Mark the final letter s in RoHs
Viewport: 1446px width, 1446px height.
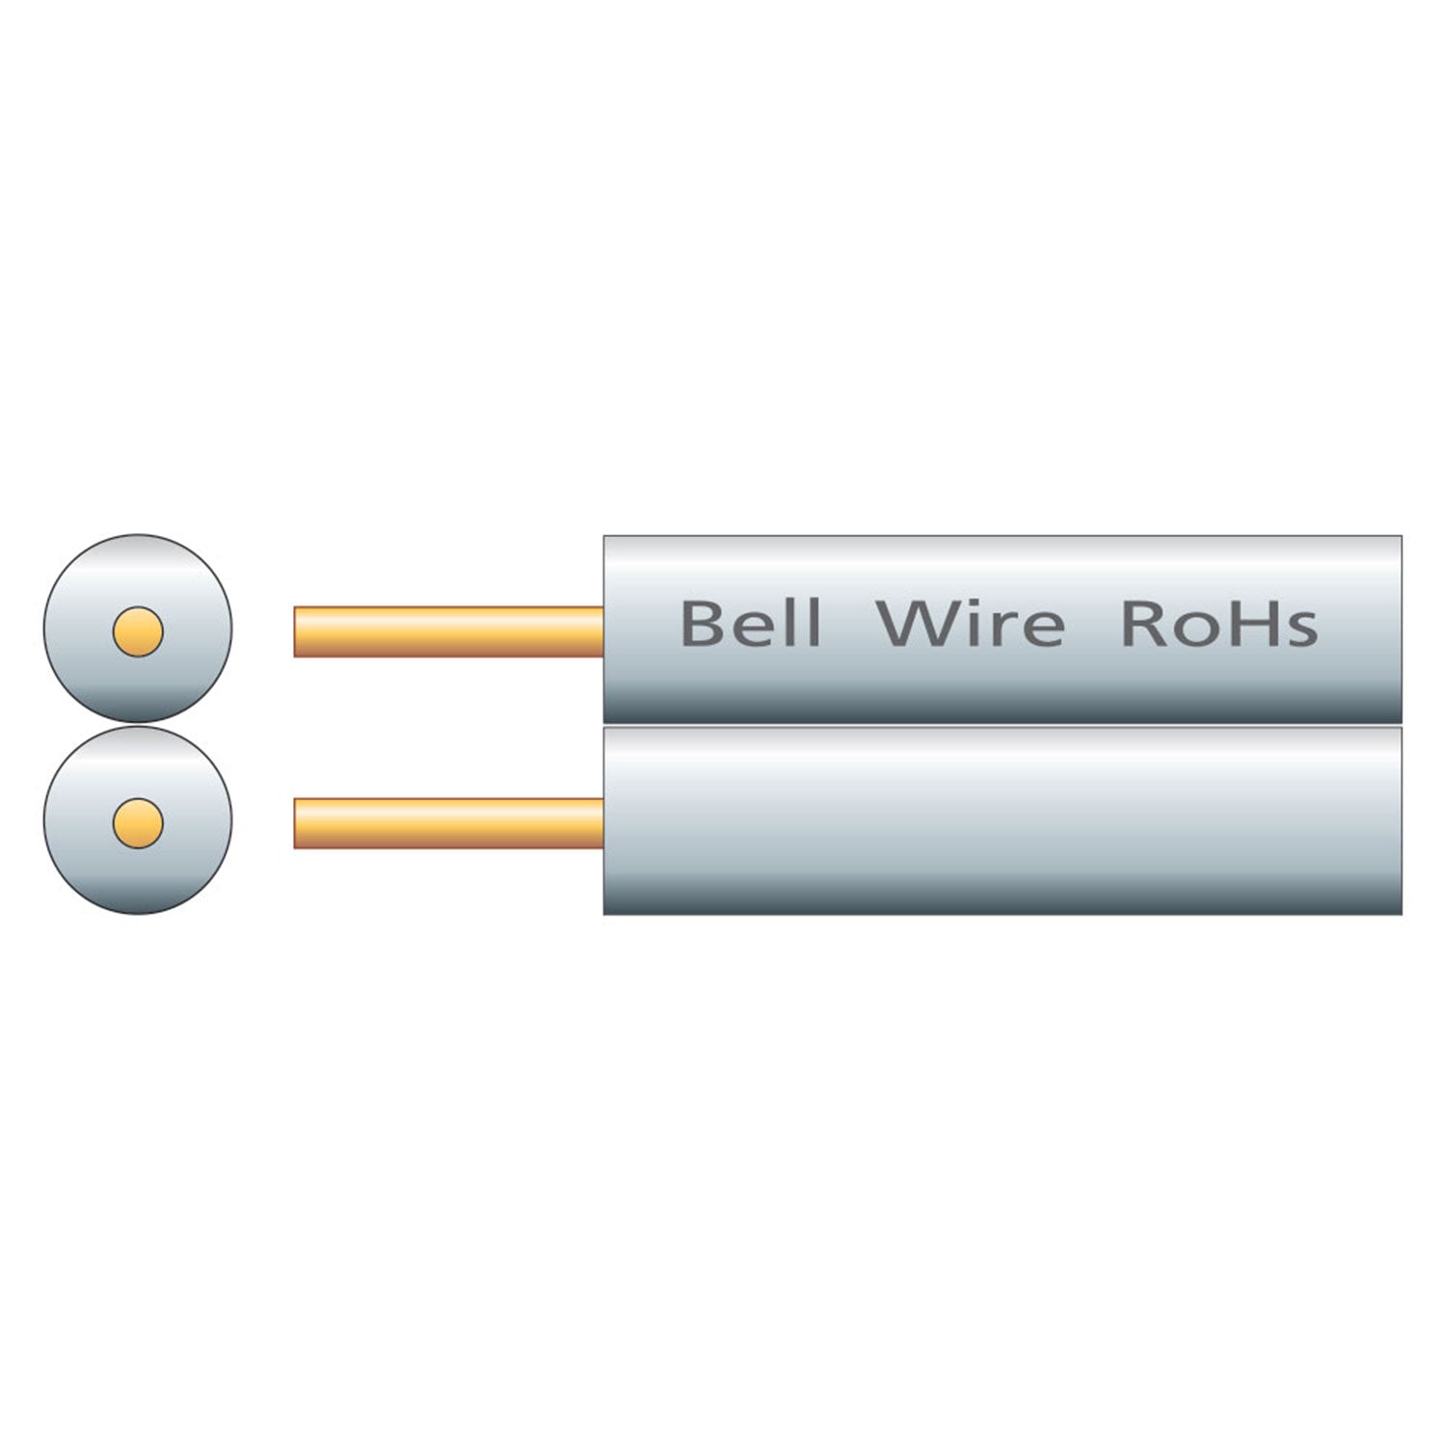pyautogui.click(x=1302, y=629)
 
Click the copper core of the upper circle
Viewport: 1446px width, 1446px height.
pyautogui.click(x=138, y=631)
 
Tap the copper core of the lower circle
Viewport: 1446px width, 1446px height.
pyautogui.click(x=138, y=823)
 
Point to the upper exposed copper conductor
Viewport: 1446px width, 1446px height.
pyautogui.click(x=448, y=631)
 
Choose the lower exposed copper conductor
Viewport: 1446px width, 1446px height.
pyautogui.click(x=448, y=823)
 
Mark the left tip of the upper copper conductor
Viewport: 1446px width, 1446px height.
pyautogui.click(x=296, y=631)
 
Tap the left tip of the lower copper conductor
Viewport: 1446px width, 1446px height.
pyautogui.click(x=296, y=823)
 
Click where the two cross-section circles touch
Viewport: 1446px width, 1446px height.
pyautogui.click(x=138, y=724)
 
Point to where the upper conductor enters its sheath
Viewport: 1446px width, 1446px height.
pyautogui.click(x=602, y=631)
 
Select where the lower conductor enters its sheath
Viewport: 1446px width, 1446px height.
pyautogui.click(x=602, y=823)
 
